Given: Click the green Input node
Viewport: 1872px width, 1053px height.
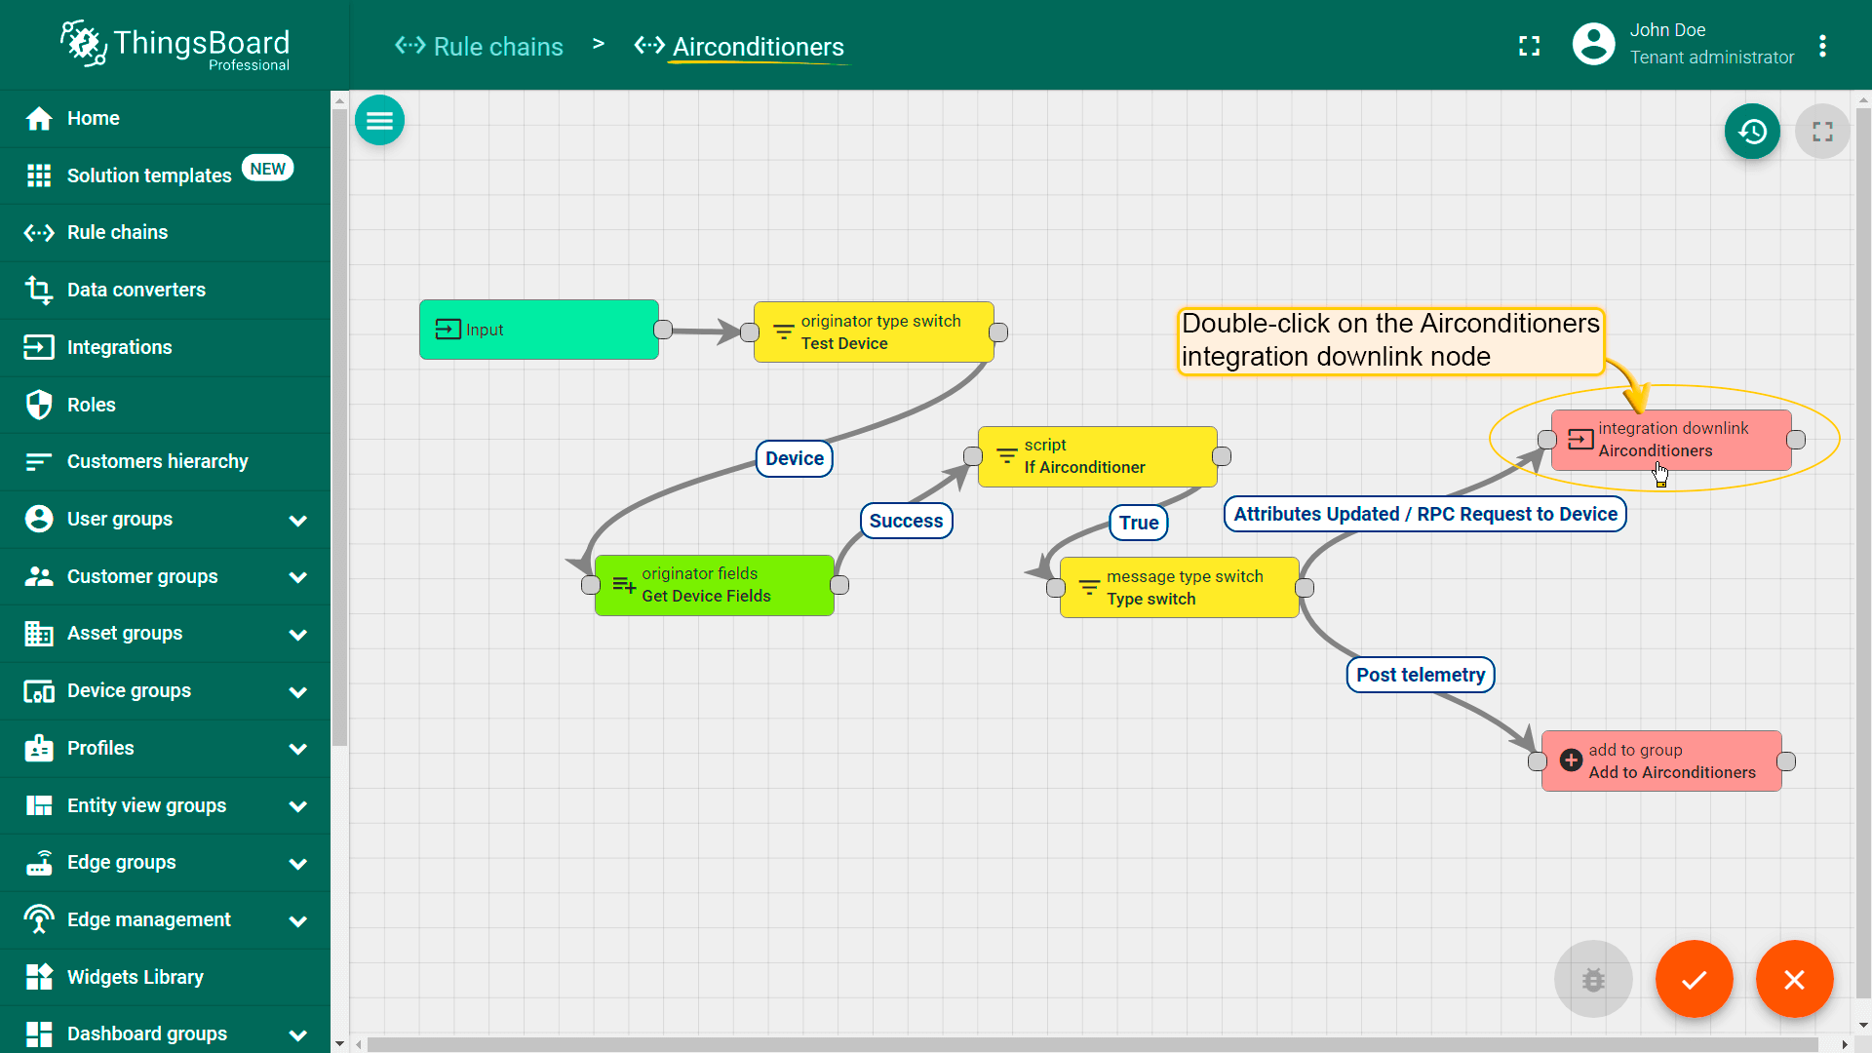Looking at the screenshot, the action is (x=539, y=330).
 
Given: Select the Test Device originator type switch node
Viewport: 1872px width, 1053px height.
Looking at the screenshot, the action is (x=874, y=332).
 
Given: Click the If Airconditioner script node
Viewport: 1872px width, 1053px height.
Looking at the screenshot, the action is (x=1097, y=456).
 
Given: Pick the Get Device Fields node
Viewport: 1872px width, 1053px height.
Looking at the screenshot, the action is (x=715, y=585).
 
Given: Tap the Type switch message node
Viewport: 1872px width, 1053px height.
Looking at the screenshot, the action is (x=1180, y=588).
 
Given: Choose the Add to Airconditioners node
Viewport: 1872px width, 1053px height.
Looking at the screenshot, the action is (x=1661, y=761).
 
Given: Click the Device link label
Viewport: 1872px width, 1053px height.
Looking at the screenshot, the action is (x=795, y=458).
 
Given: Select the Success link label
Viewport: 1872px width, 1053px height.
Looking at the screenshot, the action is (x=906, y=521).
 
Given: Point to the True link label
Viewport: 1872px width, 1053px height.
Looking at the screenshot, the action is (x=1139, y=523).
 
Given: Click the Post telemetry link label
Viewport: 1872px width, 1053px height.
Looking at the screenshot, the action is (x=1421, y=675).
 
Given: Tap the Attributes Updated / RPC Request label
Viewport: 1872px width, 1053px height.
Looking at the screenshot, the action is (x=1425, y=514).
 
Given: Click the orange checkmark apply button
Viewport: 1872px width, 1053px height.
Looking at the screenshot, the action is (x=1695, y=979).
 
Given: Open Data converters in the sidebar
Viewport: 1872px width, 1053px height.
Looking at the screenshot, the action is (x=136, y=290).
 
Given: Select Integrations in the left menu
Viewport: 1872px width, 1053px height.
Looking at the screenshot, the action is (x=119, y=347).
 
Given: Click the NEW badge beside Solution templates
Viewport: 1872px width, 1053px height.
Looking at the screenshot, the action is (x=268, y=169).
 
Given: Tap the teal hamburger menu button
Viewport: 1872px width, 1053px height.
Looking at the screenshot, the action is (x=380, y=121).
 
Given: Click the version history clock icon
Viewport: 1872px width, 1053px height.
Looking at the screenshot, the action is (x=1752, y=132).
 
